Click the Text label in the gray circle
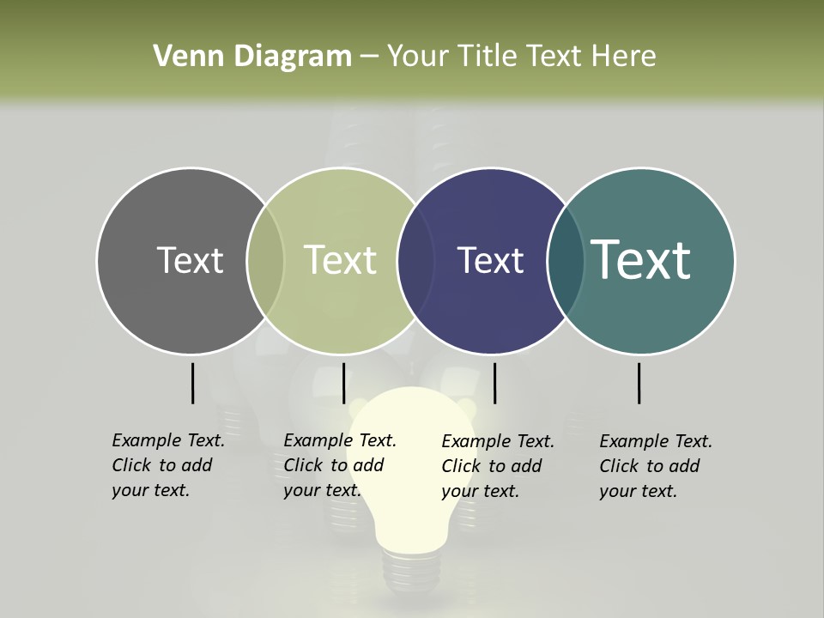190,260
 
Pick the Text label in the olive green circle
341,260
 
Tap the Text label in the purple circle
490,260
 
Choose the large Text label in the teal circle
641,260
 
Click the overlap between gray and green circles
265,260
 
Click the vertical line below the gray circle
192,383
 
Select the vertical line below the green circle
343,383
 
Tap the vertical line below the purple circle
494,383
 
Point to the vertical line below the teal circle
639,383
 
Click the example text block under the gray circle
167,465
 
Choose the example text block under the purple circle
497,466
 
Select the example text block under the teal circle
655,466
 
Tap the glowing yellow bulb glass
412,463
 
